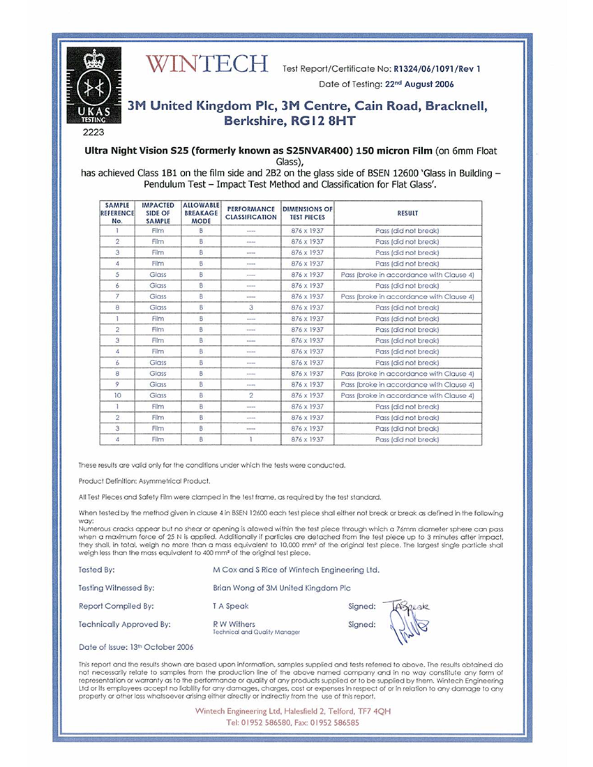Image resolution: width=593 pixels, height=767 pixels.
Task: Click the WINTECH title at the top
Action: click(207, 64)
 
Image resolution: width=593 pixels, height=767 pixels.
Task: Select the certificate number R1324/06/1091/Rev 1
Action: click(437, 68)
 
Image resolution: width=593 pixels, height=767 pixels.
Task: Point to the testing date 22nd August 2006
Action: click(419, 84)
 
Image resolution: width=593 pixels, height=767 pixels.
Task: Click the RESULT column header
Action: click(407, 213)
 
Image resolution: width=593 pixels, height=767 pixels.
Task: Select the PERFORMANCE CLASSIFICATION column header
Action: click(251, 213)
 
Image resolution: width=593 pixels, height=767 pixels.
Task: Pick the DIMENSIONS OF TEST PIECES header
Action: click(307, 213)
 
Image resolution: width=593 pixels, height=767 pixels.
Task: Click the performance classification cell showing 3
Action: click(250, 307)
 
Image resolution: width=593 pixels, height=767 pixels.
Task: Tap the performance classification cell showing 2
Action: click(250, 395)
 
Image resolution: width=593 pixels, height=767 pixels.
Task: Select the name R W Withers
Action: click(234, 624)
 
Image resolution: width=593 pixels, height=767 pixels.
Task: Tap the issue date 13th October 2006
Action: click(163, 646)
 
